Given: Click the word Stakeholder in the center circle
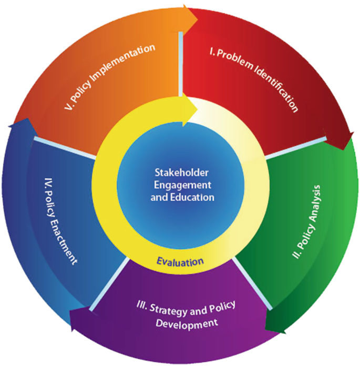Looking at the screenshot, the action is point(181,172).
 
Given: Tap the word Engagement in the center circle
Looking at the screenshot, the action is point(182,185).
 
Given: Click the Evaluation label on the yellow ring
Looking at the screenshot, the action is point(180,262).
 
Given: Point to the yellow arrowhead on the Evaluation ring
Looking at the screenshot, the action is point(190,109).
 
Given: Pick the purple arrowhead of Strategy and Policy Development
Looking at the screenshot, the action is point(80,319).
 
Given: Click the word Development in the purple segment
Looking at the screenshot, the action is point(187,324).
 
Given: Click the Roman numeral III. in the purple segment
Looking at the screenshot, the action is point(142,306).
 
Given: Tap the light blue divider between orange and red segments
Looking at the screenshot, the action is point(180,64).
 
